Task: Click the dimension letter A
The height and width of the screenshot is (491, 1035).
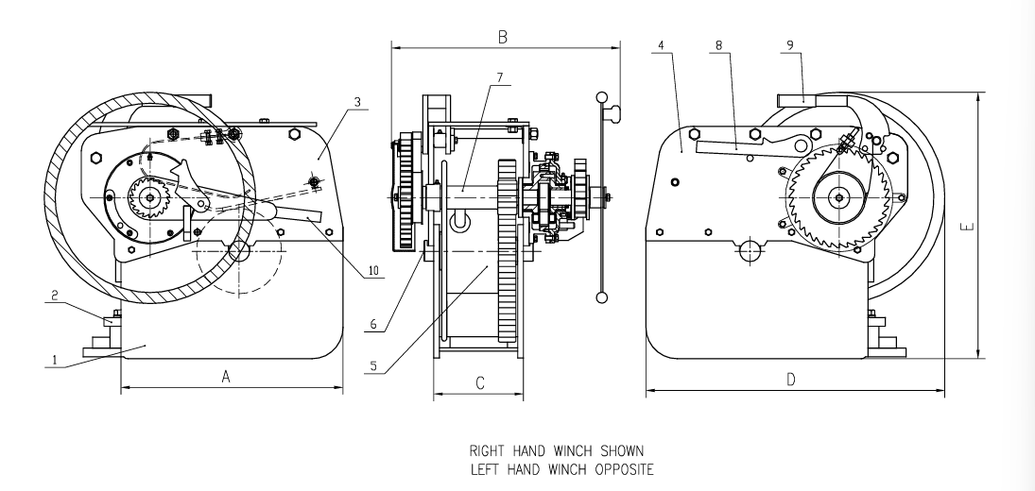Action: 226,376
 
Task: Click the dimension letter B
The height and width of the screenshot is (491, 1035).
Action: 504,37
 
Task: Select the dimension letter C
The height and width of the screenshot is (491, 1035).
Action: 480,382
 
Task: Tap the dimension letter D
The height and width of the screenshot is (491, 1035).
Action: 792,380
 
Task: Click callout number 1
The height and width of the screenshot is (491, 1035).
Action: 55,359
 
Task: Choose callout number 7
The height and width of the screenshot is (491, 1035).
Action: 499,76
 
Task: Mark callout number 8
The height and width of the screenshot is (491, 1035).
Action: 718,44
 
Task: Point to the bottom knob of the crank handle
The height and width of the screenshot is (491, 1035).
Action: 601,298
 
